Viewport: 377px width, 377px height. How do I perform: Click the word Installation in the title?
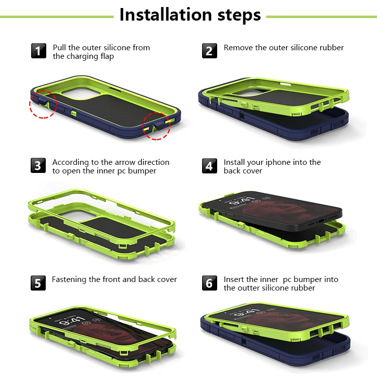point(165,15)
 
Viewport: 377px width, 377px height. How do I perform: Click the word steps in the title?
point(239,16)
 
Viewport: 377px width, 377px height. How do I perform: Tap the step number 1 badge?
point(39,51)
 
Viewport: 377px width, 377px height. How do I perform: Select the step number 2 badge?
point(210,51)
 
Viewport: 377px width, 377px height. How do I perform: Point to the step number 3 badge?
point(38,165)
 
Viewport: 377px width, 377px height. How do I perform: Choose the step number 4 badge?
point(210,166)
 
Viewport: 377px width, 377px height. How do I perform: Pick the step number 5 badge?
point(38,283)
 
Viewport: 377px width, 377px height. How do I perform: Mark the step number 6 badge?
point(210,283)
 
